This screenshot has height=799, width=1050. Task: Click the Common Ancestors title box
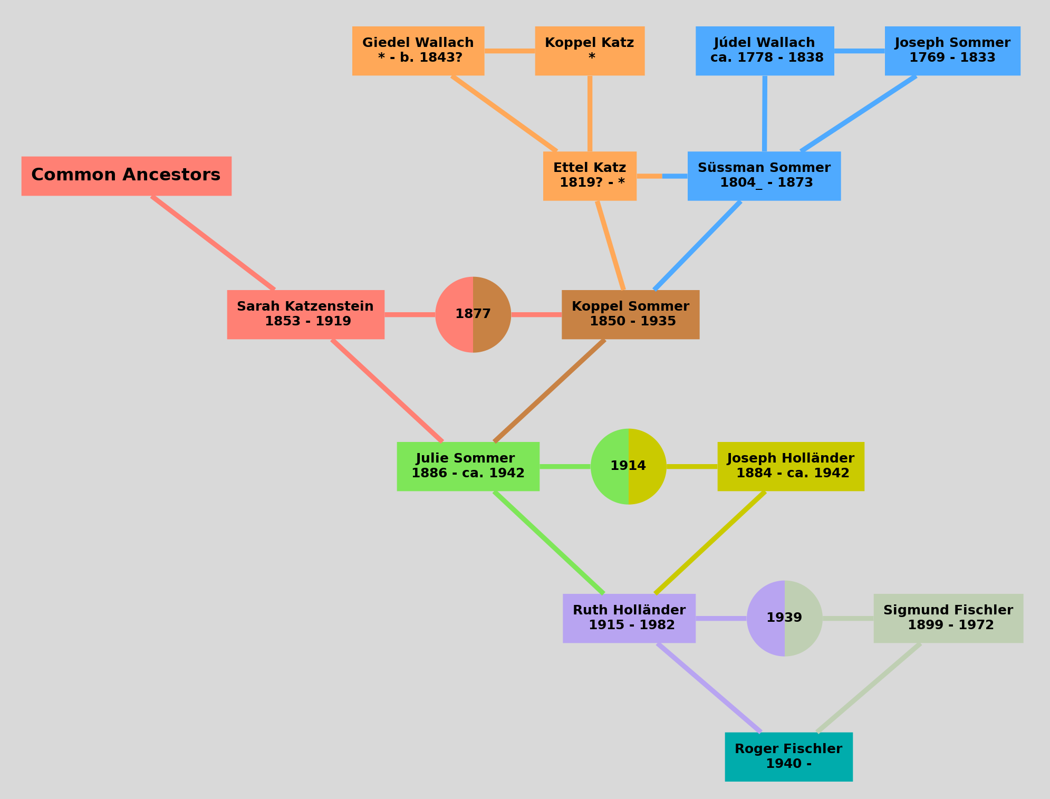pos(126,176)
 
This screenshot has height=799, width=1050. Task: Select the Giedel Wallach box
pos(418,51)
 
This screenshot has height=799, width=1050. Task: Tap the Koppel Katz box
pos(590,51)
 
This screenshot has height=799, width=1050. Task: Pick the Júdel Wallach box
pos(765,51)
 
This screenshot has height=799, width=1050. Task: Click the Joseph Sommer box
pos(952,51)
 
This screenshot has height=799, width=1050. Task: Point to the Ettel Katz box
pos(590,176)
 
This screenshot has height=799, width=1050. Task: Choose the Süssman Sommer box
pos(764,176)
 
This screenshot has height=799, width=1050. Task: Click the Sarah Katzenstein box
pos(305,314)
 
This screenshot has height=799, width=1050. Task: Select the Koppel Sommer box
pos(630,314)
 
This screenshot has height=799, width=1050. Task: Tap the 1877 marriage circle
pos(473,314)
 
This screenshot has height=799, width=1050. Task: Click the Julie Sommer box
pos(468,466)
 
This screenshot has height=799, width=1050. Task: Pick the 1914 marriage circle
pos(628,466)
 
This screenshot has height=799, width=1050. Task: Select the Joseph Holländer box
pos(791,466)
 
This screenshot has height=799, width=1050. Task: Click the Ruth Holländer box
pos(629,618)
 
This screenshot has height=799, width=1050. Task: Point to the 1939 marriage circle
pos(784,618)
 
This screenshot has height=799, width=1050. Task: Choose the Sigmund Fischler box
pos(948,618)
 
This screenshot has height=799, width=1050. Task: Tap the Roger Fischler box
pos(788,756)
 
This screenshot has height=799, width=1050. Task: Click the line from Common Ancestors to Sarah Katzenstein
pos(213,243)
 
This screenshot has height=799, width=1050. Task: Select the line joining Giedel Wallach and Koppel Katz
pos(509,51)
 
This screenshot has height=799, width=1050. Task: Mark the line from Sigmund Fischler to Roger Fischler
pos(869,688)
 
